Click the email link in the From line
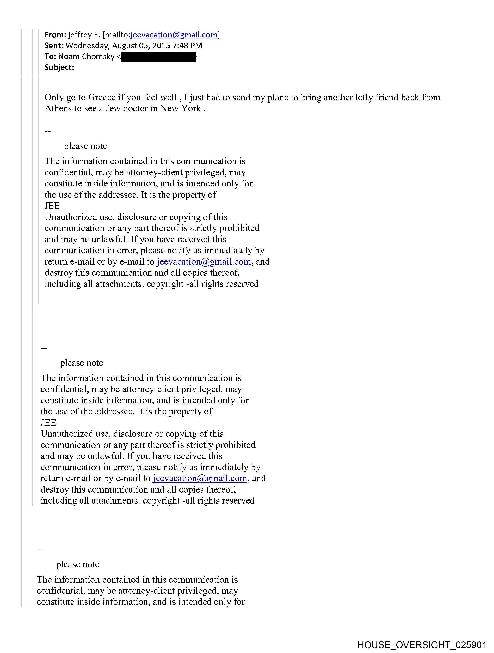point(174,35)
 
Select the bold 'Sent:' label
point(54,46)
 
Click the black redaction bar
point(159,57)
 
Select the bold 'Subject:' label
point(59,68)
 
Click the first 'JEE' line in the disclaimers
point(52,206)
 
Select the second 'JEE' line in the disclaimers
point(48,423)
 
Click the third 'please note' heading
point(78,564)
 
